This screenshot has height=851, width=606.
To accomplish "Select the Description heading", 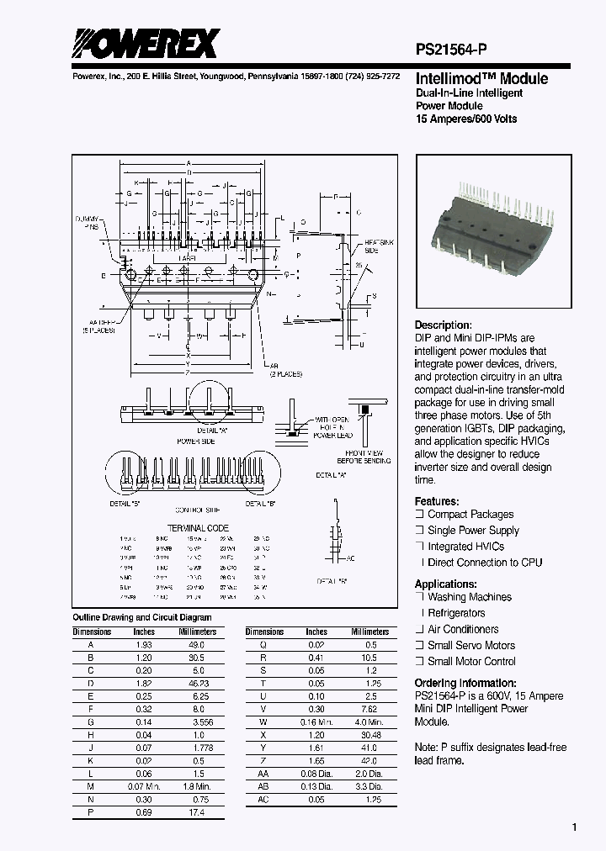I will click(x=443, y=325).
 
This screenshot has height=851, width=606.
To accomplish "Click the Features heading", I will click(x=437, y=499).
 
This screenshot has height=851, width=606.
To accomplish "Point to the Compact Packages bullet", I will click(x=470, y=515).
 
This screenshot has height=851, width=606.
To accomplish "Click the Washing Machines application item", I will click(x=469, y=597).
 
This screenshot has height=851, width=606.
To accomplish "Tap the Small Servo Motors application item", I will click(x=471, y=645).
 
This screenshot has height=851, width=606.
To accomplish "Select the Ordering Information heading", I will click(x=465, y=684).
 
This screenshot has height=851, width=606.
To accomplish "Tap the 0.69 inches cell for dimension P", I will click(x=144, y=812).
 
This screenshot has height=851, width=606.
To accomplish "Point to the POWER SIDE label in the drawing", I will click(x=195, y=440).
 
